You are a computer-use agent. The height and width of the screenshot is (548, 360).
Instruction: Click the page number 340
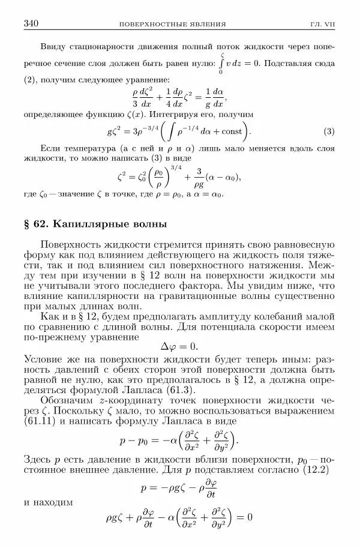pos(31,24)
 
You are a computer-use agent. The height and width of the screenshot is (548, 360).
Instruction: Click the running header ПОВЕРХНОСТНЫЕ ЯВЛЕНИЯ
pos(173,25)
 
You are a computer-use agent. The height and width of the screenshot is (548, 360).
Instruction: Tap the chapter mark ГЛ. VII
pos(322,25)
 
